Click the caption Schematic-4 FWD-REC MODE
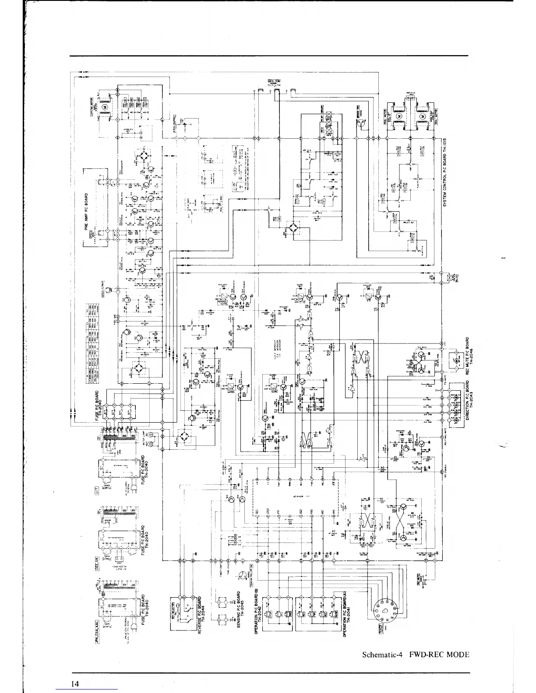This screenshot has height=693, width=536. tap(416, 655)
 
